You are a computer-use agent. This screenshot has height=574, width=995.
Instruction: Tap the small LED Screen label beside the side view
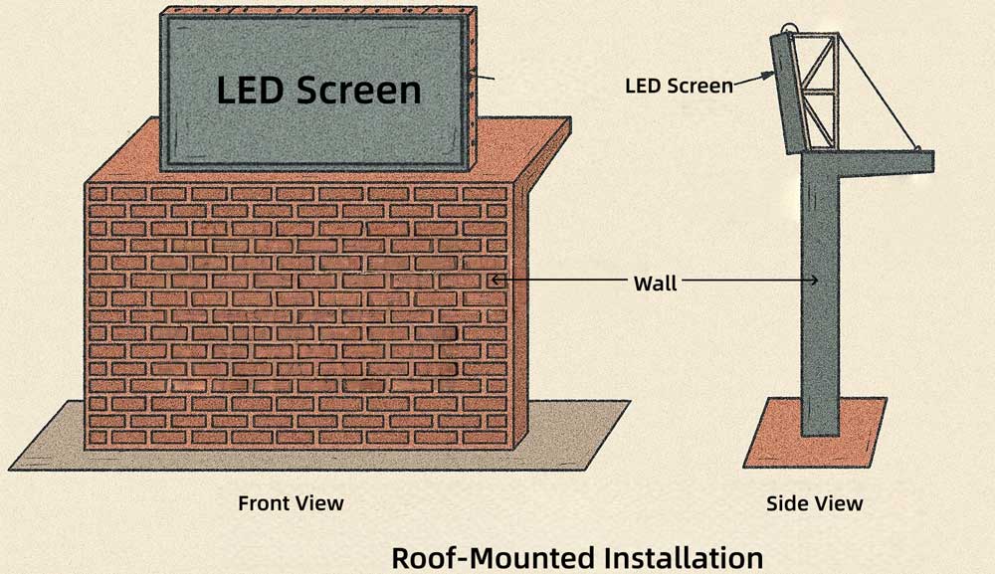click(678, 86)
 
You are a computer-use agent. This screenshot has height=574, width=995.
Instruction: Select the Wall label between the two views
click(655, 284)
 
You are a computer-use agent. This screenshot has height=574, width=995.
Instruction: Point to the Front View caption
click(291, 503)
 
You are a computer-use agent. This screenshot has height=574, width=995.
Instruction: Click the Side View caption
click(814, 503)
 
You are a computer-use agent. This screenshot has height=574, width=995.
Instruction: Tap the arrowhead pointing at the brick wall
click(495, 281)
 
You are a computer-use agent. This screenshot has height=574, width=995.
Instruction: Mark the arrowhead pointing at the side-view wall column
click(814, 282)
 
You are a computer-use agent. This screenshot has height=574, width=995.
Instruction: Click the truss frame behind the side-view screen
click(821, 95)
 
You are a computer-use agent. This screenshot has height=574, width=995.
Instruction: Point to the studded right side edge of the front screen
click(472, 90)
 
